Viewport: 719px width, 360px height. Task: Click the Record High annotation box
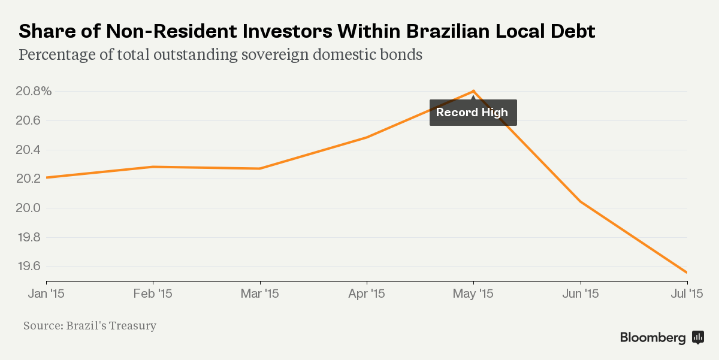pos(473,113)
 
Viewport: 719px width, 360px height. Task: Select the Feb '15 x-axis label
pos(153,294)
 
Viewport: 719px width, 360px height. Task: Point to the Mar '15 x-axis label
pos(260,294)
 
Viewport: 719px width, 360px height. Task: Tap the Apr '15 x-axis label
pos(366,294)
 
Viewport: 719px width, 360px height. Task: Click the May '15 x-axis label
pos(473,294)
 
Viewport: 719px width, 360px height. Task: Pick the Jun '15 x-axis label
pos(580,294)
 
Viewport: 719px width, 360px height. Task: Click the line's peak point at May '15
pos(473,92)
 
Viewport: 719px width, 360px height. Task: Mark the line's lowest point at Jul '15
pos(687,273)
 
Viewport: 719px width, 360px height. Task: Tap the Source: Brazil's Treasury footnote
pos(90,326)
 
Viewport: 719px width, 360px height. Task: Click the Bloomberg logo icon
pos(698,337)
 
